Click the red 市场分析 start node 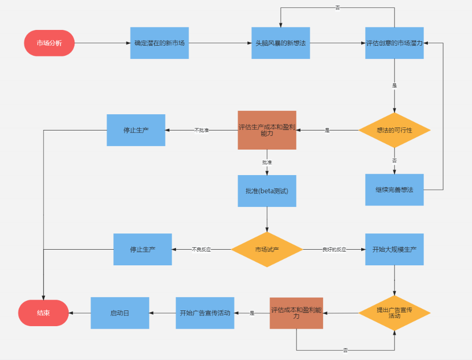click(x=50, y=43)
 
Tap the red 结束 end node click(x=44, y=313)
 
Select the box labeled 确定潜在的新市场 click(x=159, y=43)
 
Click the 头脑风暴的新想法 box click(x=281, y=43)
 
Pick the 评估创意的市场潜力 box click(x=394, y=43)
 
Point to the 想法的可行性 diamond click(x=394, y=130)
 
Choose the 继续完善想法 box click(x=394, y=189)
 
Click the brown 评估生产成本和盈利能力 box click(x=267, y=130)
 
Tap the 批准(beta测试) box click(x=267, y=190)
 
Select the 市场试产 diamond click(x=267, y=250)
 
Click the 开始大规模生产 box click(x=394, y=249)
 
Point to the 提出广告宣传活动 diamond click(x=394, y=313)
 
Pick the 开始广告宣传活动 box click(x=205, y=313)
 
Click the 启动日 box click(x=120, y=313)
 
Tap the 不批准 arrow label click(x=201, y=130)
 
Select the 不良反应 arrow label click(x=201, y=250)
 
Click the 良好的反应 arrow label click(x=334, y=250)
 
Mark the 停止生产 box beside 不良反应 click(x=143, y=249)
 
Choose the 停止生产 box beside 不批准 click(x=136, y=130)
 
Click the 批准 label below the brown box click(x=267, y=162)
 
